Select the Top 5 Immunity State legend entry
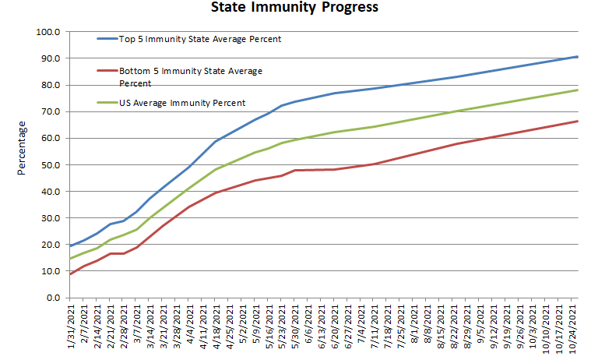point(199,39)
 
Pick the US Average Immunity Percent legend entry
point(182,103)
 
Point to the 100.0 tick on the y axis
point(48,32)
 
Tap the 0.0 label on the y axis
point(53,298)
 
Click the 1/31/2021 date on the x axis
point(72,322)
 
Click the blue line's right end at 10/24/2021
point(575,56)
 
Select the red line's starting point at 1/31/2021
point(71,274)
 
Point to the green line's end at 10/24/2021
point(575,90)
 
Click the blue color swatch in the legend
point(106,39)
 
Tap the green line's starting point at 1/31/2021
point(71,259)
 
